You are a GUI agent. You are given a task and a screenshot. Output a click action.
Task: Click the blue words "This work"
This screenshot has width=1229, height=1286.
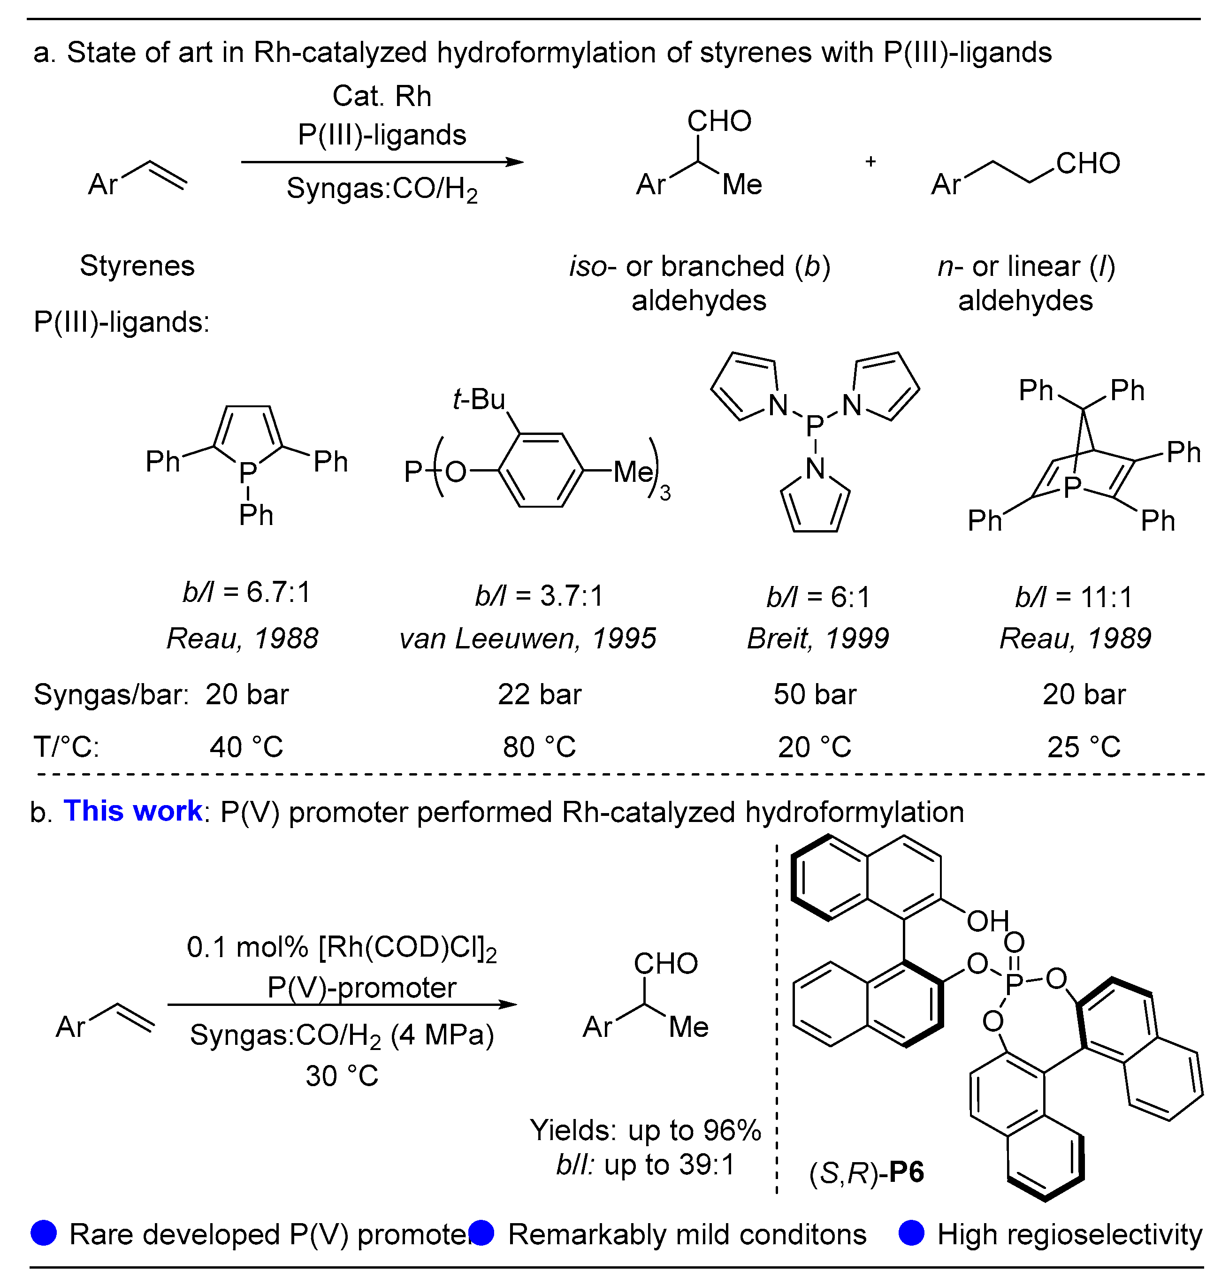(133, 811)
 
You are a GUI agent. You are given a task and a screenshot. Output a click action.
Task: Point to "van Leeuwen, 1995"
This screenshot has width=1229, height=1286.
(528, 638)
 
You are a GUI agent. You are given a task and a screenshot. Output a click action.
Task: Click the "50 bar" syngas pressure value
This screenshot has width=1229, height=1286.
(815, 694)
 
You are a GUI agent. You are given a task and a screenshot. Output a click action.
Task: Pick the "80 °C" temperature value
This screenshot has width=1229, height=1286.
(539, 747)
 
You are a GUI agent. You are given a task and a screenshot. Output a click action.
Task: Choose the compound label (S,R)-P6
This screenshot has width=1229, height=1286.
(867, 1172)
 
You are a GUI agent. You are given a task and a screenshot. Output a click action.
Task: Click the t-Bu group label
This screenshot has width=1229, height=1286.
(479, 399)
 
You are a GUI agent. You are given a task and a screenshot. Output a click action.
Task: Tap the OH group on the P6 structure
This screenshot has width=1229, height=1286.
(988, 921)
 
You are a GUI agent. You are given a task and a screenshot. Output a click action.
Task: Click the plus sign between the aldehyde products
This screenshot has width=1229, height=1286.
(870, 161)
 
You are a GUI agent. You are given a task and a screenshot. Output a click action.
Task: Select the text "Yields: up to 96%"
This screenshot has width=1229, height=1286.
(645, 1130)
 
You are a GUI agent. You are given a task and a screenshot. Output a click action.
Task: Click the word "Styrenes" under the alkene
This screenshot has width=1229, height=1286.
(137, 266)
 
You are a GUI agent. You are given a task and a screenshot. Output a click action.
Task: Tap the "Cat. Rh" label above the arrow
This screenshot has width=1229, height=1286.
(382, 96)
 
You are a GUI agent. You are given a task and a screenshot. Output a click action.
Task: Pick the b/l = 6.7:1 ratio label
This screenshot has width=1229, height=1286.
(246, 592)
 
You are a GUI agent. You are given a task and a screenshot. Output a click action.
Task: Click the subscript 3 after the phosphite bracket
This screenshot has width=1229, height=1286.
(665, 493)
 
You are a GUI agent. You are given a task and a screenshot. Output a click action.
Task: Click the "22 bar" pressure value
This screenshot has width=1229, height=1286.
(539, 694)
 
